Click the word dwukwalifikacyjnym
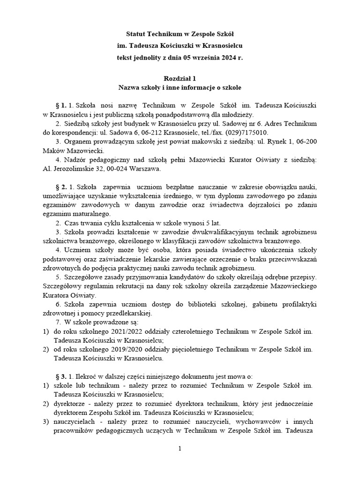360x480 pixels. point(208,232)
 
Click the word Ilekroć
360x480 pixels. point(85,376)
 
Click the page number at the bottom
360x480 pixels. point(180,449)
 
